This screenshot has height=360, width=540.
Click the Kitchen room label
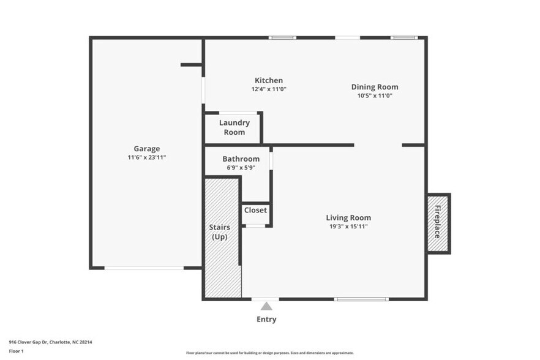pyautogui.click(x=269, y=80)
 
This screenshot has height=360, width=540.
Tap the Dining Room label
pyautogui.click(x=374, y=87)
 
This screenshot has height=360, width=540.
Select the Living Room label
pyautogui.click(x=348, y=217)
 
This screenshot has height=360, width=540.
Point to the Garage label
pyautogui.click(x=147, y=148)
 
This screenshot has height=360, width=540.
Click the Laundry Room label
pyautogui.click(x=234, y=127)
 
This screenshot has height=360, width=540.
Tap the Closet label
pyautogui.click(x=255, y=210)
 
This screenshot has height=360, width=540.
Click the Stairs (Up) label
pyautogui.click(x=220, y=232)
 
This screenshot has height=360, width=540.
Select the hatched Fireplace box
pyautogui.click(x=438, y=223)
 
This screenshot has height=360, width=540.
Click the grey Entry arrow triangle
pyautogui.click(x=266, y=306)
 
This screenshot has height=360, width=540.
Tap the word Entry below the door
pyautogui.click(x=266, y=319)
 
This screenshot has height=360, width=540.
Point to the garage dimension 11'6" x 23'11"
pyautogui.click(x=147, y=157)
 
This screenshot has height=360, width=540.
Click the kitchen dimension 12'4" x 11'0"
pyautogui.click(x=269, y=89)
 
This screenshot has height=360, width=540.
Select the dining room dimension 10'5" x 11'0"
pyautogui.click(x=374, y=96)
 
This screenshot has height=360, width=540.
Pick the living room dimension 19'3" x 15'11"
pyautogui.click(x=348, y=227)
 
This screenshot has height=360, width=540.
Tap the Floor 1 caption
pyautogui.click(x=16, y=351)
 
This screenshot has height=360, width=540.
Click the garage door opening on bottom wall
pyautogui.click(x=144, y=268)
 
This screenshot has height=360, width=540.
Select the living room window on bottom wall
pyautogui.click(x=361, y=299)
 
